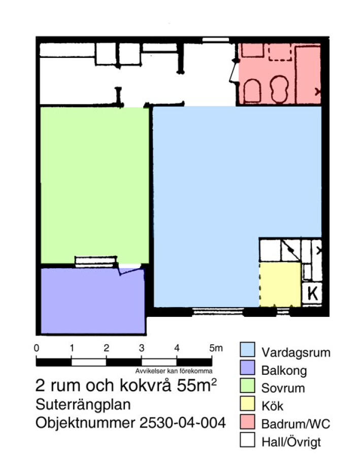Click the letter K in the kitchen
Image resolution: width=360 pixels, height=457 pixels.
[312, 293]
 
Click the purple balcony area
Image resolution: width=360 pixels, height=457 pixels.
[93, 301]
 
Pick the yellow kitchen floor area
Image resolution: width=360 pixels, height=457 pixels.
[280, 284]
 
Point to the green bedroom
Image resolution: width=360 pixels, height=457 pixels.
[95, 185]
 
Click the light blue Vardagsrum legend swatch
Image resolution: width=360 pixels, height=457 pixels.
[247, 350]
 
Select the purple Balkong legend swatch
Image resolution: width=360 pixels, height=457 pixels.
[247, 368]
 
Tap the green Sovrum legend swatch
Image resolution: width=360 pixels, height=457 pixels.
[247, 385]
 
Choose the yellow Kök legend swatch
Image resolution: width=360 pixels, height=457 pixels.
[247, 404]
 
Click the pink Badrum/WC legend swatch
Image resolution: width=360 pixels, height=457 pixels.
[247, 422]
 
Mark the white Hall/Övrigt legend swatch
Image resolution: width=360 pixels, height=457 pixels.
[247, 440]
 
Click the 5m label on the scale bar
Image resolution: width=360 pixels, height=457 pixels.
[216, 348]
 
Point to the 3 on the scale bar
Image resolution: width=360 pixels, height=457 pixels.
[141, 348]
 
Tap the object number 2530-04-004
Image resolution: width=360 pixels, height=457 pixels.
[182, 423]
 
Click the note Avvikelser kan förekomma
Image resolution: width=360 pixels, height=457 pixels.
[174, 371]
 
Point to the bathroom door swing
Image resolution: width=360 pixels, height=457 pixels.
[234, 72]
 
